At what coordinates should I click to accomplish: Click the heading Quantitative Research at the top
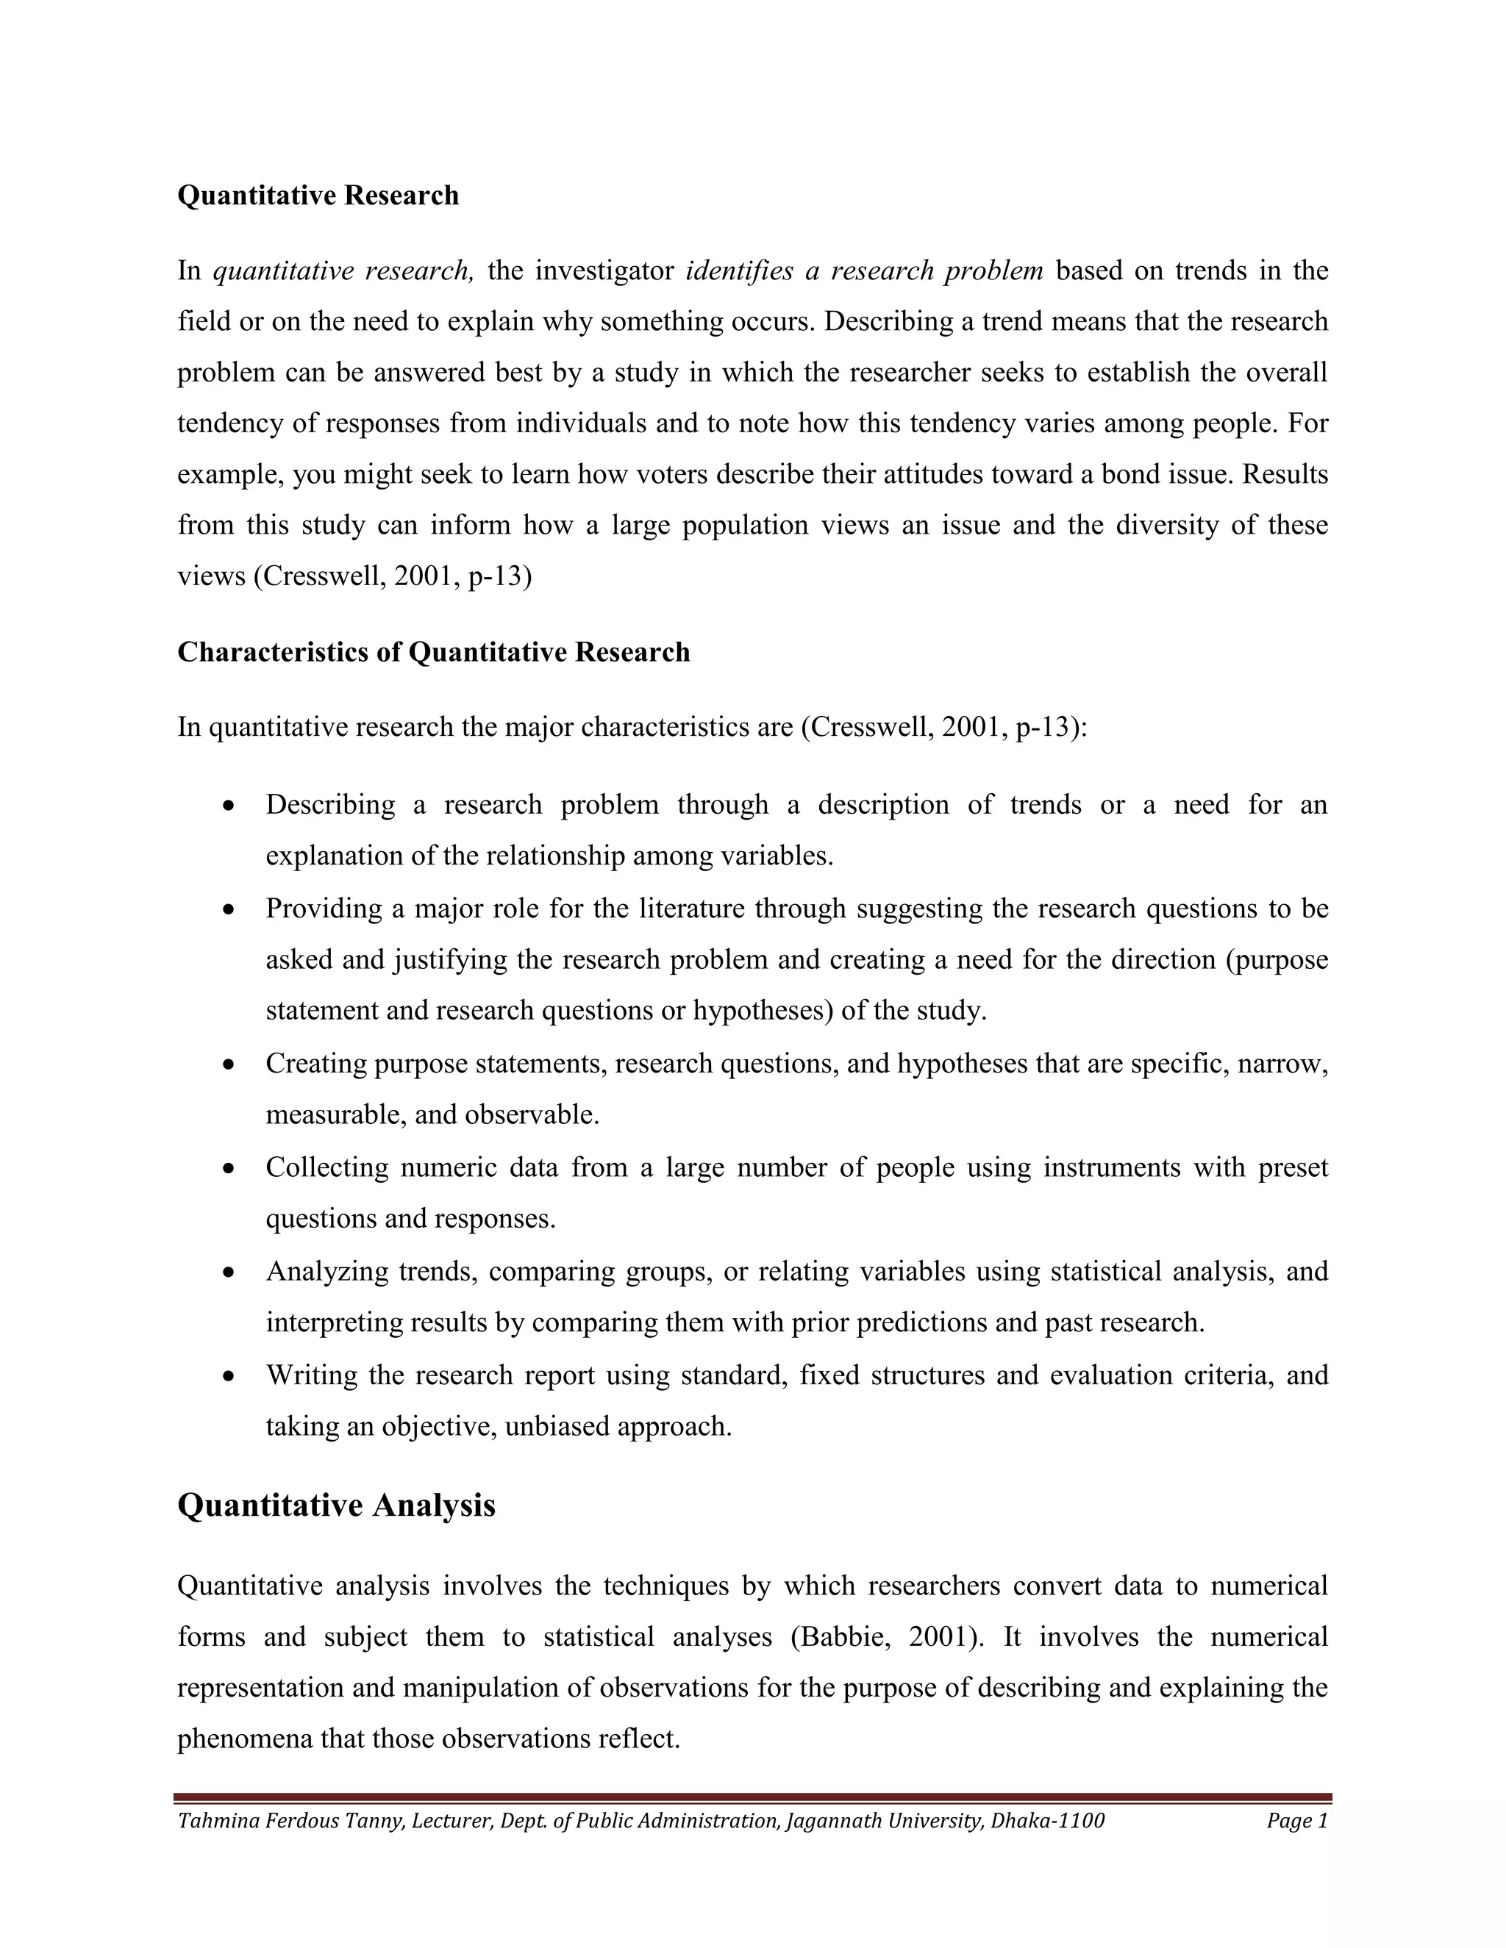pyautogui.click(x=318, y=196)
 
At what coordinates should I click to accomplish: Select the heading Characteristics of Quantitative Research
pyautogui.click(x=434, y=652)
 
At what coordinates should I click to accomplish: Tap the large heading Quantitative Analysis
pyautogui.click(x=336, y=1505)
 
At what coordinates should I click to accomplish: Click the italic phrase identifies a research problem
pyautogui.click(x=863, y=271)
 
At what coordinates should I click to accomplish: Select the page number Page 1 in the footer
pyautogui.click(x=1297, y=1820)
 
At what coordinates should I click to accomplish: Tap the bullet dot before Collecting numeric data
pyautogui.click(x=229, y=1169)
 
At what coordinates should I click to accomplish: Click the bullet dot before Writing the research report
pyautogui.click(x=229, y=1376)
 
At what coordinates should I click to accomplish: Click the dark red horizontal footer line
pyautogui.click(x=753, y=1798)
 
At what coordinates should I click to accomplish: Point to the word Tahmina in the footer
pyautogui.click(x=213, y=1820)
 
